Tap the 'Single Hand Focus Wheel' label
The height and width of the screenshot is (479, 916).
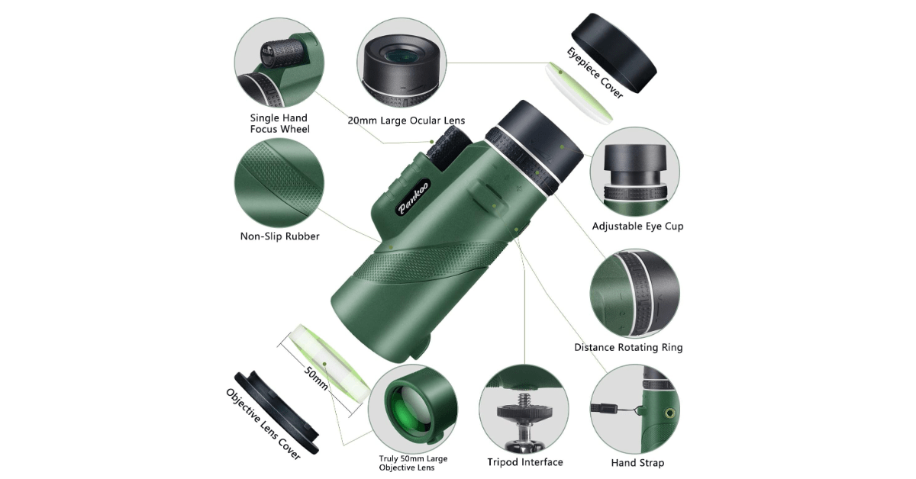279,124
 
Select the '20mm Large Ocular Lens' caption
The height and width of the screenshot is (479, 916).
406,121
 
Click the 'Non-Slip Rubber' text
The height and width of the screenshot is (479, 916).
279,236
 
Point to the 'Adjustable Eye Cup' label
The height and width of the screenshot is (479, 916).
637,226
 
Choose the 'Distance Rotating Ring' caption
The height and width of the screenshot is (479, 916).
628,347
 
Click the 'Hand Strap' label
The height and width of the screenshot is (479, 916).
637,462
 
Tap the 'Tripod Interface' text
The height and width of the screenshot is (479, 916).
525,461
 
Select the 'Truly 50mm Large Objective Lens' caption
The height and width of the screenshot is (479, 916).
413,464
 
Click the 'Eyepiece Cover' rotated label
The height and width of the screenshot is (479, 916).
595,72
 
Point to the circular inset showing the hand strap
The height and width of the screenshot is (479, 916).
637,408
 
